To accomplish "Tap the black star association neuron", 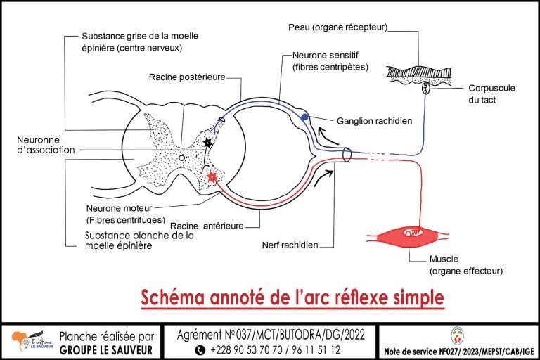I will pyautogui.click(x=207, y=143).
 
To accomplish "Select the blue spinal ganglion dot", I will pyautogui.click(x=304, y=117).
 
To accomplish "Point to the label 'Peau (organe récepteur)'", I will pyautogui.click(x=338, y=27).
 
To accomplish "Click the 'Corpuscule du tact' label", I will pyautogui.click(x=492, y=94).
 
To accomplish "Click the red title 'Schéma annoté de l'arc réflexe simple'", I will pyautogui.click(x=292, y=297).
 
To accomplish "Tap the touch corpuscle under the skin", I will pyautogui.click(x=425, y=89).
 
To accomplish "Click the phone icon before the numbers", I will pyautogui.click(x=200, y=349).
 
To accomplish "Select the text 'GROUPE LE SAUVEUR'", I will pyautogui.click(x=105, y=349).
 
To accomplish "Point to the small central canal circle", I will pyautogui.click(x=181, y=158).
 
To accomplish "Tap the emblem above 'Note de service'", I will pyautogui.click(x=457, y=335).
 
